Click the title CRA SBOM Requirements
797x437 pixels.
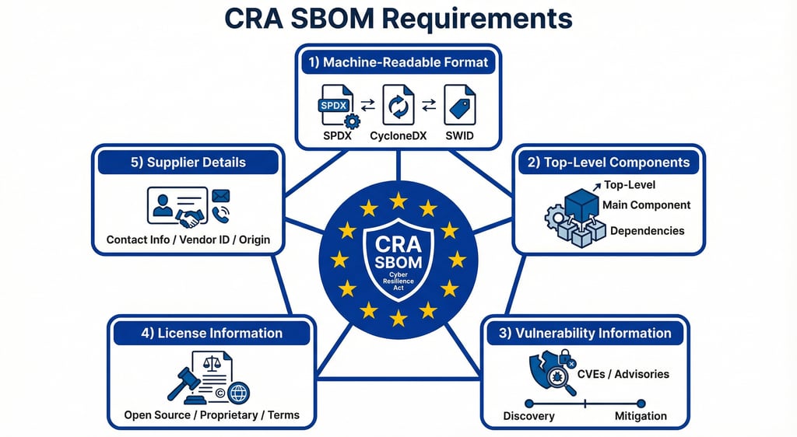[398, 19]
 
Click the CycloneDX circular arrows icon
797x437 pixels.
[398, 107]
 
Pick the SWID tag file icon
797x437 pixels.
[459, 107]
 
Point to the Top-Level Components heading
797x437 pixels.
[609, 163]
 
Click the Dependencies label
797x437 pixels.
[648, 231]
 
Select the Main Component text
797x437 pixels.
[646, 205]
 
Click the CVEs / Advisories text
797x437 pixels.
[623, 374]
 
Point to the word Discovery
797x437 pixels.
[529, 416]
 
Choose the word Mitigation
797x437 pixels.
[641, 416]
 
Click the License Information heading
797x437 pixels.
[212, 334]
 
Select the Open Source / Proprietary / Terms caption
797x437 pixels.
[212, 415]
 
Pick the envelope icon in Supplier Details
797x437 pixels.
[222, 196]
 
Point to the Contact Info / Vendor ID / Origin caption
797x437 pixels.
[188, 239]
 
